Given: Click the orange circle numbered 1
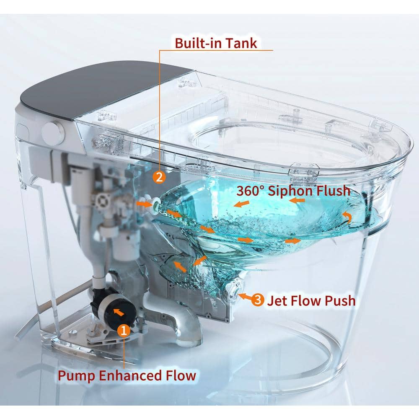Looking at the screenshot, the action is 124,330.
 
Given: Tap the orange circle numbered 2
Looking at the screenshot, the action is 159,177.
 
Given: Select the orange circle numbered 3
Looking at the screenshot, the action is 258,300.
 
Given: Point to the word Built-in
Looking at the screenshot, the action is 194,43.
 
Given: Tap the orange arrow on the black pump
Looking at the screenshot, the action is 119,312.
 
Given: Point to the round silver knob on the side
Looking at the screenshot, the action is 54,133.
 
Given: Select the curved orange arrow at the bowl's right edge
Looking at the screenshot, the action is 347,217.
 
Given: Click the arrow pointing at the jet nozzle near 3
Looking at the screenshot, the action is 245,296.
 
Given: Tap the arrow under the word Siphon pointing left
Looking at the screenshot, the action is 297,200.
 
